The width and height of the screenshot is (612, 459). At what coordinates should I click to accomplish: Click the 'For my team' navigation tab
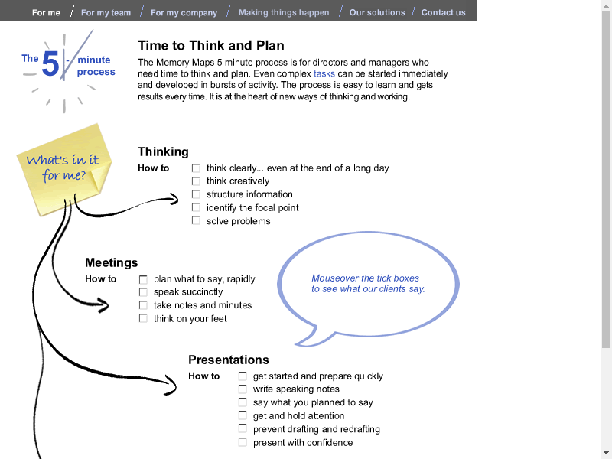click(x=106, y=12)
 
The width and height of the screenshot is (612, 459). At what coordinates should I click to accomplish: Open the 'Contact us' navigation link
click(x=443, y=12)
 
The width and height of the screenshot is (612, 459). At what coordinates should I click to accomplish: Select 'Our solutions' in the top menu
click(x=377, y=12)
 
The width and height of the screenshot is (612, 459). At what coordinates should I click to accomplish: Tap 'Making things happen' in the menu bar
click(x=284, y=12)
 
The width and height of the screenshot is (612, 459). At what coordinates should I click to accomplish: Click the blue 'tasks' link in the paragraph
click(x=324, y=74)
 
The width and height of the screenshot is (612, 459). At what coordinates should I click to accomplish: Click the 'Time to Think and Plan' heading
click(x=211, y=46)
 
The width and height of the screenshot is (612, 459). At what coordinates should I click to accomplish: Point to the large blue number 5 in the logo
click(x=50, y=64)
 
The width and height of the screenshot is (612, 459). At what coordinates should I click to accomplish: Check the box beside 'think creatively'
click(x=196, y=181)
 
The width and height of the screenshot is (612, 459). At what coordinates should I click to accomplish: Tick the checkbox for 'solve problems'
click(x=196, y=221)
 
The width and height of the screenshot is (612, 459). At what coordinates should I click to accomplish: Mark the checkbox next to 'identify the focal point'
click(x=196, y=207)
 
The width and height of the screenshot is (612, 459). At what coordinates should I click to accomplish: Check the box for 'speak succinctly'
click(x=143, y=292)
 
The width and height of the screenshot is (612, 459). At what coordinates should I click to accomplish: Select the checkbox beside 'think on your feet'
click(x=143, y=318)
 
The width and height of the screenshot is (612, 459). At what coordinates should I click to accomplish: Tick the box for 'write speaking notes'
click(x=243, y=389)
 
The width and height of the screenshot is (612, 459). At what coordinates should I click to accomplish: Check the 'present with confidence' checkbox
click(x=243, y=442)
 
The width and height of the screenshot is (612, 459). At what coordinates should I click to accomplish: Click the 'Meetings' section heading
click(x=112, y=263)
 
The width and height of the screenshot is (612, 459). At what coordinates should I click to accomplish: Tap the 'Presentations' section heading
click(x=229, y=360)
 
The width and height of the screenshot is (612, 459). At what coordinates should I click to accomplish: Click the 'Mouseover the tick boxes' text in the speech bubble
click(x=366, y=278)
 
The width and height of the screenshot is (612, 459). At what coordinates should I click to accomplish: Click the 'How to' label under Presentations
click(x=204, y=376)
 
